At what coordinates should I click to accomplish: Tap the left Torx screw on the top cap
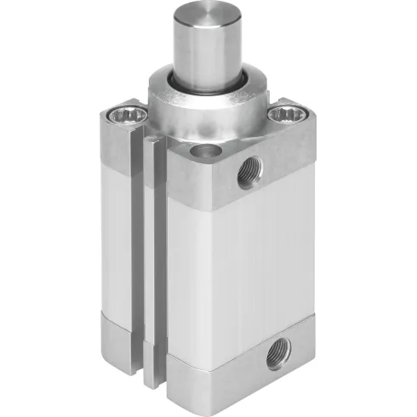click(118, 111)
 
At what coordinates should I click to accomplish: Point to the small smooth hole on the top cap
click(202, 152)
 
